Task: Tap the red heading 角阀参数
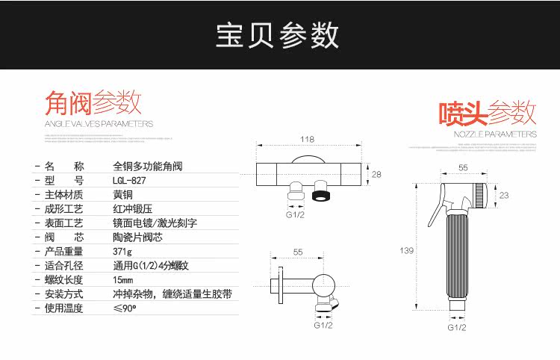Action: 93,102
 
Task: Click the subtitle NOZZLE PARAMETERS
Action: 495,134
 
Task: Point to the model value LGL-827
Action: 130,180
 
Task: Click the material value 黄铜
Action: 123,194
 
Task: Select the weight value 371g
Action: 122,251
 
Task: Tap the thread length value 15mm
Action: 123,279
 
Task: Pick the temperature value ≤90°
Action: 124,308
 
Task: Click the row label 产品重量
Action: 63,251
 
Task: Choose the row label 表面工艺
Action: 63,223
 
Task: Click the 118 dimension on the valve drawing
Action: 306,139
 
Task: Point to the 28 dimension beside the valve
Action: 376,174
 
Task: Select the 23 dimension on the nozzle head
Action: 504,195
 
